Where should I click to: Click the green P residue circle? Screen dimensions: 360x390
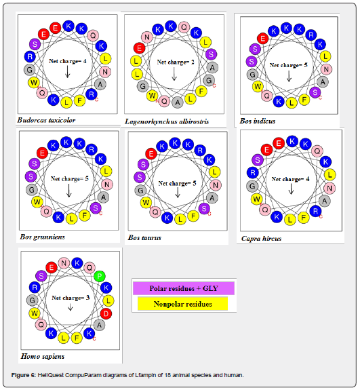point(100,276)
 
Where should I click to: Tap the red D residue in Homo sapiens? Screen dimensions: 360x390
point(106,313)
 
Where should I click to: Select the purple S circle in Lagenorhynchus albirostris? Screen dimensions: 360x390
point(211,54)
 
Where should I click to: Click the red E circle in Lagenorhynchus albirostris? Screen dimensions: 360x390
point(139,48)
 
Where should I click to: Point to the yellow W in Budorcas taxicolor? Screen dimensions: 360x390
point(34,82)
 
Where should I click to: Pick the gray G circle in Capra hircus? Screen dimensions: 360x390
point(252,186)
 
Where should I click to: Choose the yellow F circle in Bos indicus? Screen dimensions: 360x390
point(304,100)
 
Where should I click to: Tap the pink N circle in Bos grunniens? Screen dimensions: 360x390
point(107,184)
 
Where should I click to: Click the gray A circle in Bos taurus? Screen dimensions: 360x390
point(212,198)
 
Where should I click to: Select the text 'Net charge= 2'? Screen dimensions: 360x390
point(176,62)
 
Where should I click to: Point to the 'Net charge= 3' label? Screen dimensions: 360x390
point(71,298)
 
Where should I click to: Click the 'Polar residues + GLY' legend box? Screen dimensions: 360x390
point(184,288)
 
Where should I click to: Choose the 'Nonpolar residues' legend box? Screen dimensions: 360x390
point(183,304)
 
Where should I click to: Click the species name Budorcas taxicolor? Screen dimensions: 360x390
point(46,120)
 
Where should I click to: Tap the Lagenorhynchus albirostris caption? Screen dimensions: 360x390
point(167,121)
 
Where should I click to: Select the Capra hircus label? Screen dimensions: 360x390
point(261,239)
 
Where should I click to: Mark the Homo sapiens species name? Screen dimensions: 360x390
point(43,356)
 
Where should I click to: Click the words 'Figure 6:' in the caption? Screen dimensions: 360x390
point(24,375)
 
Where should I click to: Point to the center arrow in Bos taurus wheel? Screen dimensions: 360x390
point(178,193)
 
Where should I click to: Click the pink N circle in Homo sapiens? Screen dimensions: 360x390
point(64,263)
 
